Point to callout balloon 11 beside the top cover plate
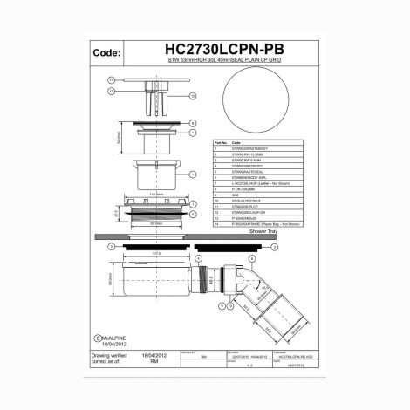point(112,79)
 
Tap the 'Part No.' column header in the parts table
point(220,140)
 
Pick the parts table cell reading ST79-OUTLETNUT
point(249,200)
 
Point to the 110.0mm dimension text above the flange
point(158,194)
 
